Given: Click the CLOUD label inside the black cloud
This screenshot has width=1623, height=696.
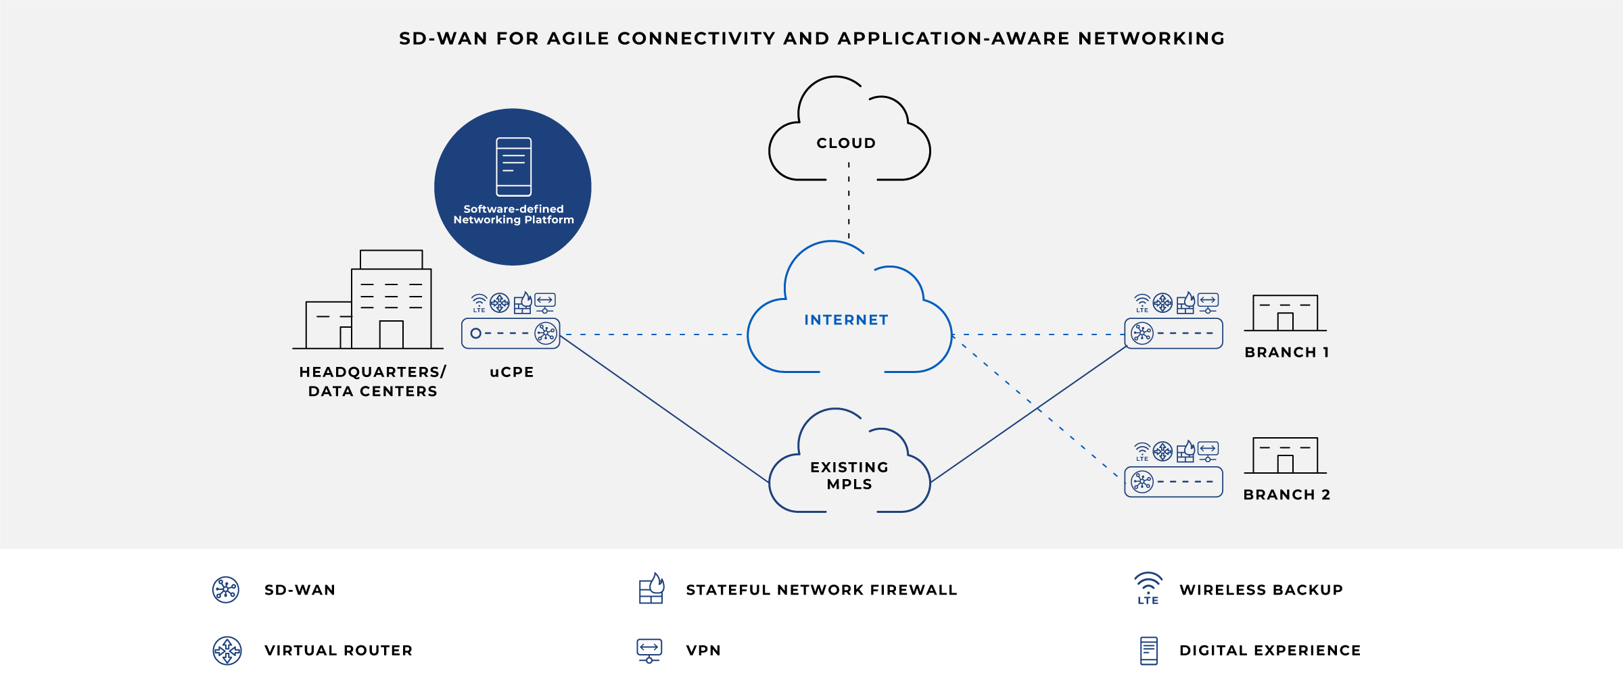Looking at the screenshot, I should pyautogui.click(x=846, y=143).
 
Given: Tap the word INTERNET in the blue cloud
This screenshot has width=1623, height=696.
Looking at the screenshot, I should pyautogui.click(x=846, y=320).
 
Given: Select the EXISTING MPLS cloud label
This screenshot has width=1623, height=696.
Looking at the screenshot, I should pyautogui.click(x=849, y=476).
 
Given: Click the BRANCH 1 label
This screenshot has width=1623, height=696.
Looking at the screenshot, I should pyautogui.click(x=1287, y=353).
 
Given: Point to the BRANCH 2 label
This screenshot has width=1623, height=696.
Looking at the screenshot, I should pyautogui.click(x=1287, y=495).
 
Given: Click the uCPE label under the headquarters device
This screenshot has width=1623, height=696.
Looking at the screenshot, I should pyautogui.click(x=512, y=372).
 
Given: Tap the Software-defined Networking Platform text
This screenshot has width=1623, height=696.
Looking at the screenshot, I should pyautogui.click(x=513, y=215).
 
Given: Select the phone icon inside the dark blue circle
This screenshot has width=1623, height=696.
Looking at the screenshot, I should pyautogui.click(x=513, y=166).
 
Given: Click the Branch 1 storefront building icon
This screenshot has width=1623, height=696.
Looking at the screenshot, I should pyautogui.click(x=1285, y=313).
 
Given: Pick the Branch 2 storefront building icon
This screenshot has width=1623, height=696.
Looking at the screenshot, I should pyautogui.click(x=1285, y=455).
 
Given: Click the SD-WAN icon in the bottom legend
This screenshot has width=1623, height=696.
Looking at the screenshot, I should pyautogui.click(x=226, y=590).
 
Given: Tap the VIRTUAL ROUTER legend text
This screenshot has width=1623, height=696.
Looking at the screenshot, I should pyautogui.click(x=338, y=651).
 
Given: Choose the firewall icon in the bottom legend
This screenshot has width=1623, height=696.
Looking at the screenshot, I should pyautogui.click(x=651, y=589).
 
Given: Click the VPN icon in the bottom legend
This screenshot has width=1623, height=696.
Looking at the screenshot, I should pyautogui.click(x=649, y=650).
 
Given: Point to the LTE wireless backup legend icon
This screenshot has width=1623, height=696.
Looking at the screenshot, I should pyautogui.click(x=1148, y=589).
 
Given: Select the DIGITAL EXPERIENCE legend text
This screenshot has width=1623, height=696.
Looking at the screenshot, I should pyautogui.click(x=1270, y=651).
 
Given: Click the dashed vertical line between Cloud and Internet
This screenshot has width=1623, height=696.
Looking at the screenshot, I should pyautogui.click(x=849, y=203).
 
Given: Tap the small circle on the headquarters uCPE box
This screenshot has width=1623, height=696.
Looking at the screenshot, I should pyautogui.click(x=476, y=333).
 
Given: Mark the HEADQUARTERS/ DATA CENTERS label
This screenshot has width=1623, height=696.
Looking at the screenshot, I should pyautogui.click(x=373, y=382).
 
